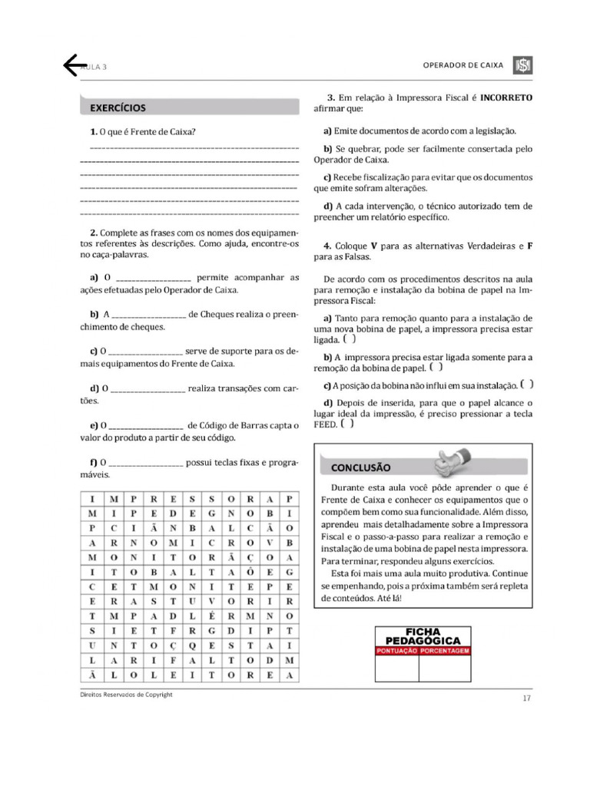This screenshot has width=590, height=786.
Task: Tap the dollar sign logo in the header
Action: coord(522,65)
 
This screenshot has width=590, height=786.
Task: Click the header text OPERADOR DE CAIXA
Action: coord(463,65)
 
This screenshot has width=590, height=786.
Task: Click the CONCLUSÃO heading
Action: coord(360,467)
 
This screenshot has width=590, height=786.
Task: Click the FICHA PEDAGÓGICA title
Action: coord(423,636)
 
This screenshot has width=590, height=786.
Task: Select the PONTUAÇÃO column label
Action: coord(397,651)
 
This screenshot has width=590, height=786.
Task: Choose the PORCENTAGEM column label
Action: coord(445,651)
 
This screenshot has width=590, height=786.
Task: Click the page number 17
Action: coord(526,698)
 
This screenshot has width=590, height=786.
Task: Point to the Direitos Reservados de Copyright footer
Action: coord(126,694)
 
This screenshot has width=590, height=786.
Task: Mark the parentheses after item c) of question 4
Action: coord(526,385)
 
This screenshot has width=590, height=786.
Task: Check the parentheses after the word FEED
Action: coord(347,424)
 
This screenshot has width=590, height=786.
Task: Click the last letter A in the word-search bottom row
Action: coord(288,675)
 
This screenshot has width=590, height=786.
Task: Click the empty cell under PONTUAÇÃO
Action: coord(397,669)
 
